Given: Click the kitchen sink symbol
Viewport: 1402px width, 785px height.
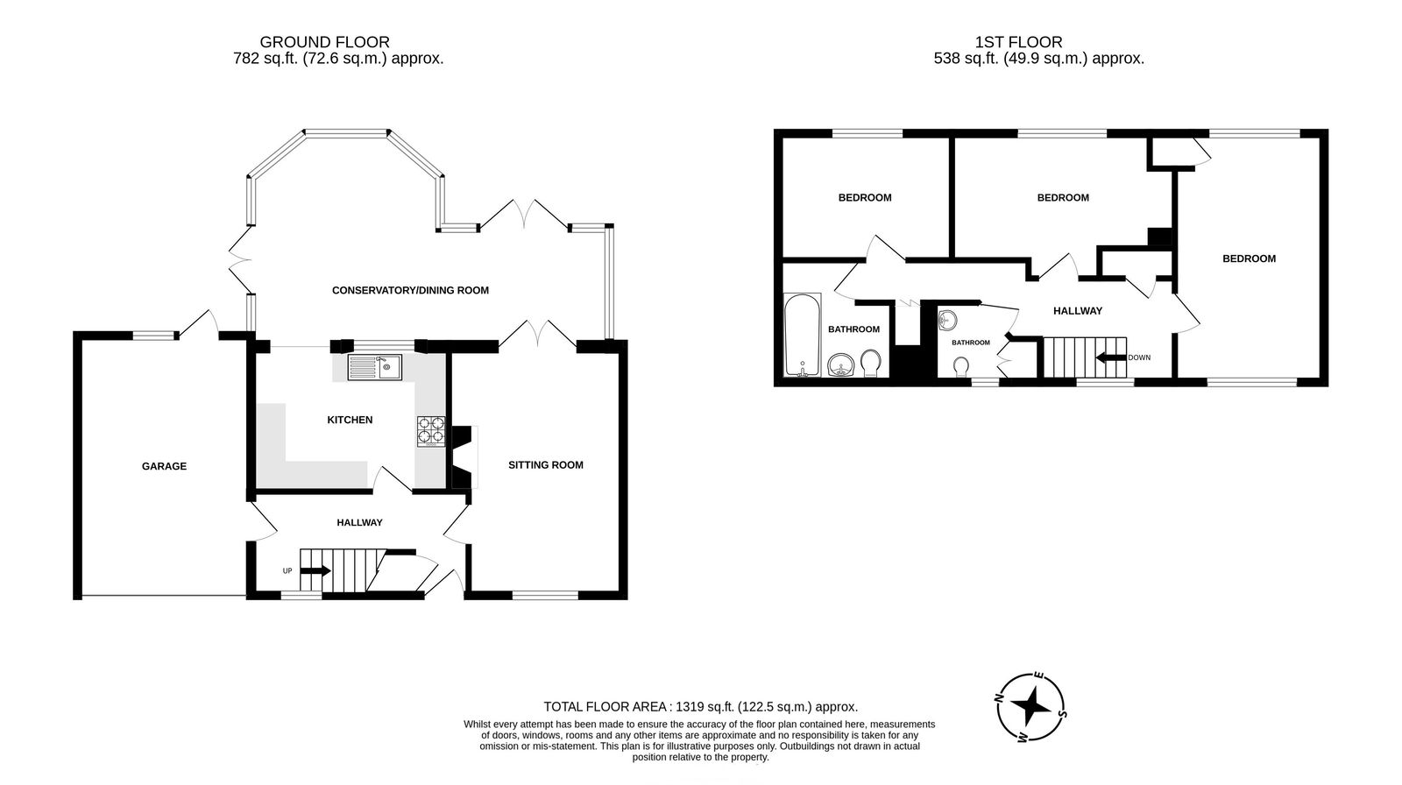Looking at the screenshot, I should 374,367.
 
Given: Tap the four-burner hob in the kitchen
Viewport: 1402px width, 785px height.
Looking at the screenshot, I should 430,431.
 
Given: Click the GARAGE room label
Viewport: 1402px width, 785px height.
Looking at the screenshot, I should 165,466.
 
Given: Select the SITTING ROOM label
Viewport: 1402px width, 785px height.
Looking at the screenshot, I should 546,465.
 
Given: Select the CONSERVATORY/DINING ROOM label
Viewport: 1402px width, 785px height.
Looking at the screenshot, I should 410,290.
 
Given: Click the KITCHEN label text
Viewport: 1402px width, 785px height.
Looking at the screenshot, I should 350,421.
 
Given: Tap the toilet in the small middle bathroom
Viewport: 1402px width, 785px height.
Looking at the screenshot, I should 961,364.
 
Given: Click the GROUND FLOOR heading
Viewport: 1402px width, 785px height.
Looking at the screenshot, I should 325,42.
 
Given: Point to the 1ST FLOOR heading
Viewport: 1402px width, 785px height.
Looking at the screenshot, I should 1018,42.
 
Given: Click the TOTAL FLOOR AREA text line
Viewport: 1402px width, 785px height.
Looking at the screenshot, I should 700,706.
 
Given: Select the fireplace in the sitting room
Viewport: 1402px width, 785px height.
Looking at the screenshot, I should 463,456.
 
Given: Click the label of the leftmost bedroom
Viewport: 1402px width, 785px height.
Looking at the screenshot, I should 865,198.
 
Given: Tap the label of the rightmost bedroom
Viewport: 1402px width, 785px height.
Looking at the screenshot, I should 1249,258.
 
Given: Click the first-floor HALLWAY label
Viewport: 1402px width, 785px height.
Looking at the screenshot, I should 1077,311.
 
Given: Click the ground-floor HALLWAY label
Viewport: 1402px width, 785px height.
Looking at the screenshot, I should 360,523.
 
